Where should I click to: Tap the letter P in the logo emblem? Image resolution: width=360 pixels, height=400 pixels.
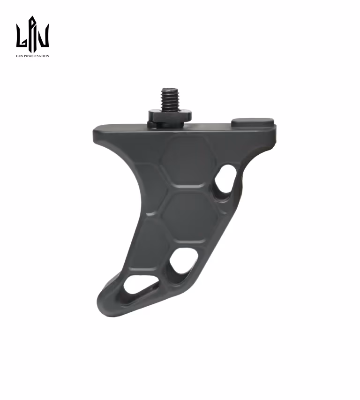click(32, 32)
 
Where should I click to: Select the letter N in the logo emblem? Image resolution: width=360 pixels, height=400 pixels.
click(43, 36)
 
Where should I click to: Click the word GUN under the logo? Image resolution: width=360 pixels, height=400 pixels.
click(19, 56)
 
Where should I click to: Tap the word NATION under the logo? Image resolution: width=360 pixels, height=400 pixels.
click(42, 56)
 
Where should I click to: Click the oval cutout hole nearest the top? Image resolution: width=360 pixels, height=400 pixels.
click(225, 179)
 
